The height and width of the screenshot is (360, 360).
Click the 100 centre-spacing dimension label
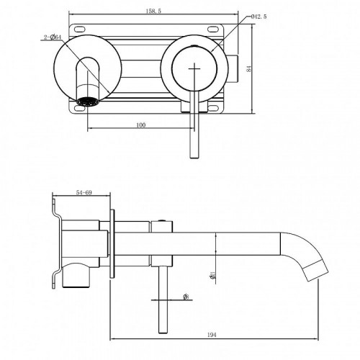[140, 125]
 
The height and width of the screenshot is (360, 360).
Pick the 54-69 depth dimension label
[84, 192]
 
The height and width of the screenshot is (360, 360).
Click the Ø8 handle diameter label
[186, 296]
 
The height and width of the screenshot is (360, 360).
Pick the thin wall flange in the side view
[113, 245]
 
